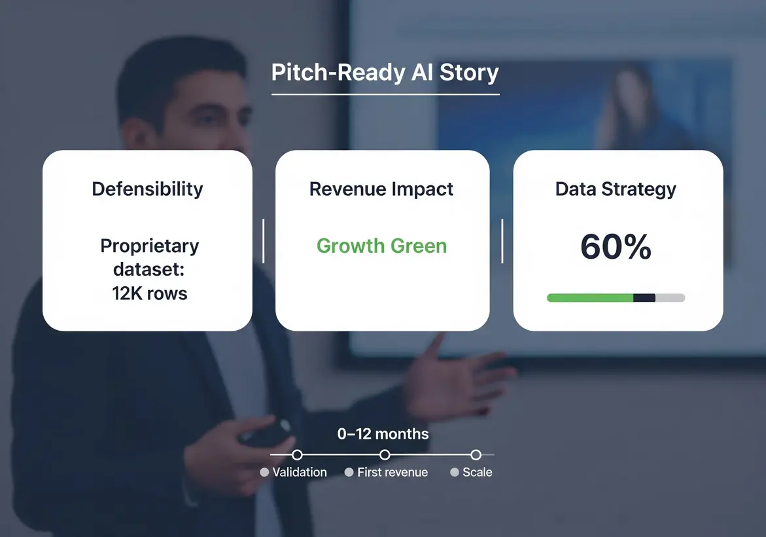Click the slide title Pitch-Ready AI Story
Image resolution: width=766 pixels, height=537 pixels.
tap(385, 73)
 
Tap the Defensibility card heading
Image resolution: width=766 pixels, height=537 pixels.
tap(147, 189)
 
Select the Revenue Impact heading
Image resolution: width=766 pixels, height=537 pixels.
tap(381, 189)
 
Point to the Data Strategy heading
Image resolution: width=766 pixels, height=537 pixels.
tap(616, 189)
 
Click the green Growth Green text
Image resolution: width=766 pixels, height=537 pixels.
tap(381, 246)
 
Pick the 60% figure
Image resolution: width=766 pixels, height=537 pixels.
tap(616, 246)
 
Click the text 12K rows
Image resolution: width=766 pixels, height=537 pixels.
tap(150, 293)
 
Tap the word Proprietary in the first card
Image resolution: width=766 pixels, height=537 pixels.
tap(150, 246)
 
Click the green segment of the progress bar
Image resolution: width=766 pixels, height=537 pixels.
tap(590, 298)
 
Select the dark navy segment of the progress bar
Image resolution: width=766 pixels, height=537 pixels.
tap(644, 298)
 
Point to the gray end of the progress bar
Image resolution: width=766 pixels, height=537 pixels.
tap(670, 298)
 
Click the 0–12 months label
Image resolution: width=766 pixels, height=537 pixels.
tap(383, 434)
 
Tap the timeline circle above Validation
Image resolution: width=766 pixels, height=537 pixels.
tap(297, 455)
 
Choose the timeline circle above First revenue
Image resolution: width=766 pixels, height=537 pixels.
tap(385, 455)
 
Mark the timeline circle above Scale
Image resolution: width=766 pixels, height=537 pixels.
tap(476, 455)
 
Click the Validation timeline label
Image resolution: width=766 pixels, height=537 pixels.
tap(300, 472)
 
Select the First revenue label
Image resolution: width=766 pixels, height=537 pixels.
tap(392, 472)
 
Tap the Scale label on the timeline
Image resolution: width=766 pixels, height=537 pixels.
tap(478, 472)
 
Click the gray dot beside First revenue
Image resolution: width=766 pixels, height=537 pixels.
tap(349, 472)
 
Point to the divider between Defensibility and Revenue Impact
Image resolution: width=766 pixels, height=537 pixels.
tap(264, 241)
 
